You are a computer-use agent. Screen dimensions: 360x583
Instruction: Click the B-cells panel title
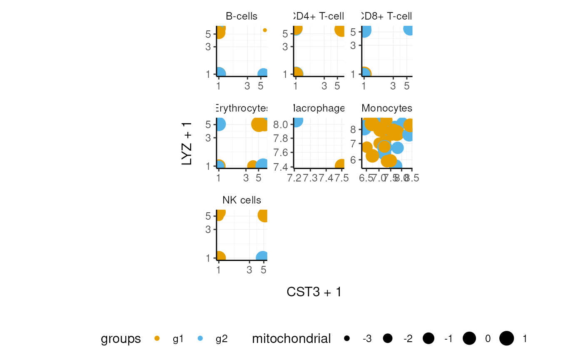pyautogui.click(x=242, y=17)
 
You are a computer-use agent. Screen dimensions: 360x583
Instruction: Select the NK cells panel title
pyautogui.click(x=242, y=200)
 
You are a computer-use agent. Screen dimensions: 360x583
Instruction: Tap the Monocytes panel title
pyautogui.click(x=387, y=109)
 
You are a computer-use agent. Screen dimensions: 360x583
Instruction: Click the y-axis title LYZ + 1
pyautogui.click(x=187, y=143)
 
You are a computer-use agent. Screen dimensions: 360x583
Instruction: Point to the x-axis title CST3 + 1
pyautogui.click(x=314, y=292)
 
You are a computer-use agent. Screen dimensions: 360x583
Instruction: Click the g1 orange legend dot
pyautogui.click(x=157, y=339)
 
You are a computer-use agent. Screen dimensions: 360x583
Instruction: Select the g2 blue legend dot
pyautogui.click(x=200, y=339)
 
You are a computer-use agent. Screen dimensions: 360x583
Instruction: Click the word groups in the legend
pyautogui.click(x=121, y=339)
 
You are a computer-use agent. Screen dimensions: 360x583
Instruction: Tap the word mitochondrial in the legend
pyautogui.click(x=291, y=339)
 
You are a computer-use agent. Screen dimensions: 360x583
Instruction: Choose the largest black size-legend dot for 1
pyautogui.click(x=507, y=339)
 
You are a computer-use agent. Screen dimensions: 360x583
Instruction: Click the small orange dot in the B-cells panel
pyautogui.click(x=265, y=30)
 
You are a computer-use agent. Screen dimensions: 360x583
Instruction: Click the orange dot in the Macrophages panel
pyautogui.click(x=341, y=165)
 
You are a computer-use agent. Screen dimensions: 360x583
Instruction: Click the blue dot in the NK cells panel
pyautogui.click(x=262, y=258)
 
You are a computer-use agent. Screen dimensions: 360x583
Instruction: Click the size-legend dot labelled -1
pyautogui.click(x=429, y=339)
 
